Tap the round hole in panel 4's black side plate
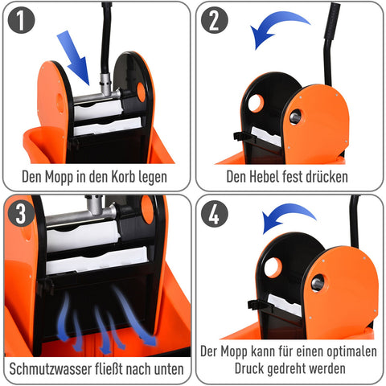273,267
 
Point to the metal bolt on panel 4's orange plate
318,282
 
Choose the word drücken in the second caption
326,176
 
